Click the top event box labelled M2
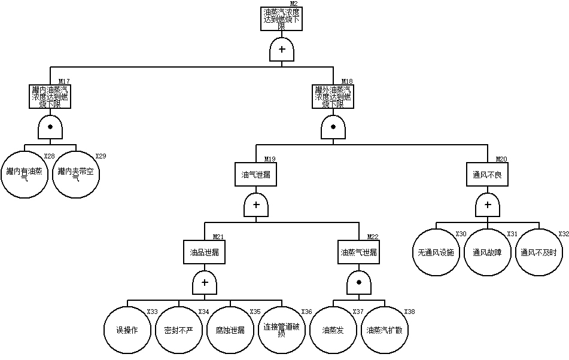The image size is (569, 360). point(282,19)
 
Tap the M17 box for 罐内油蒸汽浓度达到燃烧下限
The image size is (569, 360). point(50,96)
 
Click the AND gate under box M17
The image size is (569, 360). point(50,127)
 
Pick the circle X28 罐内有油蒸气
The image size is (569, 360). point(25,174)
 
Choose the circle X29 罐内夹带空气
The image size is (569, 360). point(76,174)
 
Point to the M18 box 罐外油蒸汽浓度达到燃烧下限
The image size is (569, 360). point(333,96)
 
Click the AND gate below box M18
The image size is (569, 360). point(333,127)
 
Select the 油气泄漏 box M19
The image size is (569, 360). point(256,175)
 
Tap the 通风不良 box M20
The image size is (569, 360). point(488,175)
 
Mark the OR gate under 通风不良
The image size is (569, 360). point(488,205)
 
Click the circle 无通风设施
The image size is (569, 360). point(436,252)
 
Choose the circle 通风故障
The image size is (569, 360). point(488,252)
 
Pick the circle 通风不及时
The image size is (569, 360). point(539,252)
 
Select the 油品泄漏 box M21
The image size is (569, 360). point(205,252)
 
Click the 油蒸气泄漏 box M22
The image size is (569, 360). point(359,252)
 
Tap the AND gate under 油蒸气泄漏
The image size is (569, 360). point(359,282)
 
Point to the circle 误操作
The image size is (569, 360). point(127,330)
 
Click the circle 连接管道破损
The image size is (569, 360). point(282,330)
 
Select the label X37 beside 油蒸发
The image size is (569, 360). point(358,312)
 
